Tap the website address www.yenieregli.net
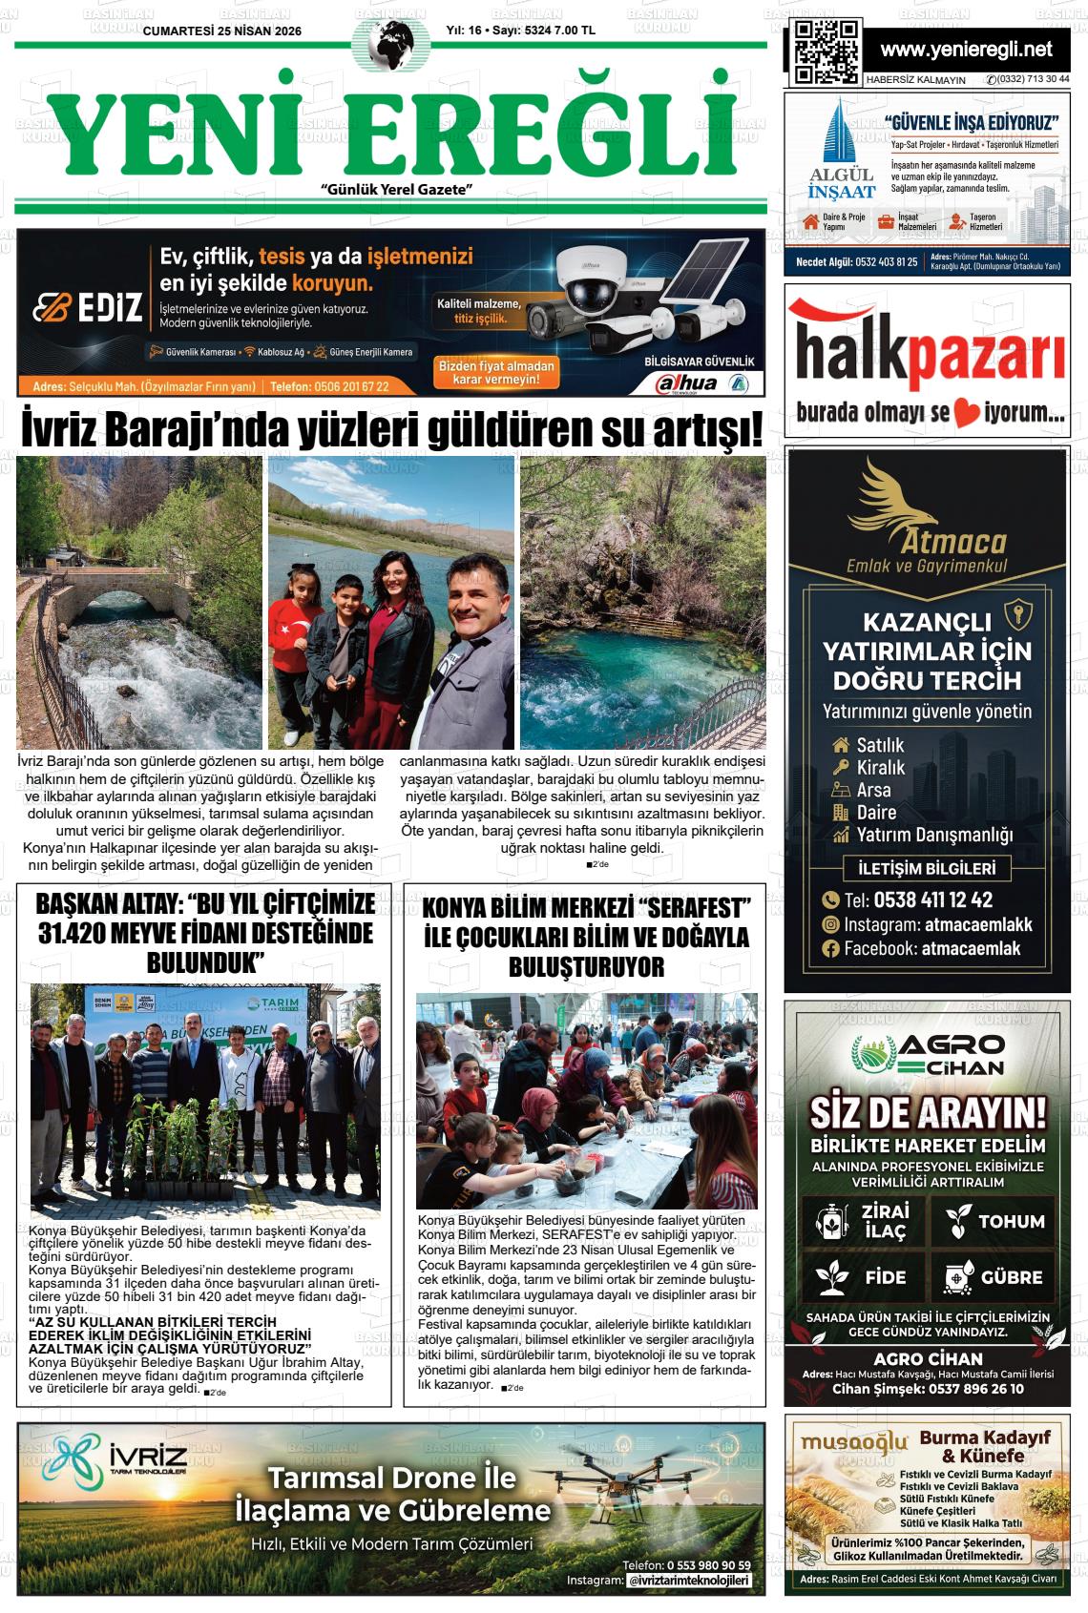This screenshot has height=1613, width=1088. pos(966,50)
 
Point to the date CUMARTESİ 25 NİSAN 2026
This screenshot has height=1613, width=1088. pos(221,31)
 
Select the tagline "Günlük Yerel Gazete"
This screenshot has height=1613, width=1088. pos(398,190)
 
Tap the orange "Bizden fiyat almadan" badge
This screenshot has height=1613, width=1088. pos(495,372)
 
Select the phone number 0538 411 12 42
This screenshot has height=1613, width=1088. pos(918,899)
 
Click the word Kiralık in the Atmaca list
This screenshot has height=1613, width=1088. pos(880,768)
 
